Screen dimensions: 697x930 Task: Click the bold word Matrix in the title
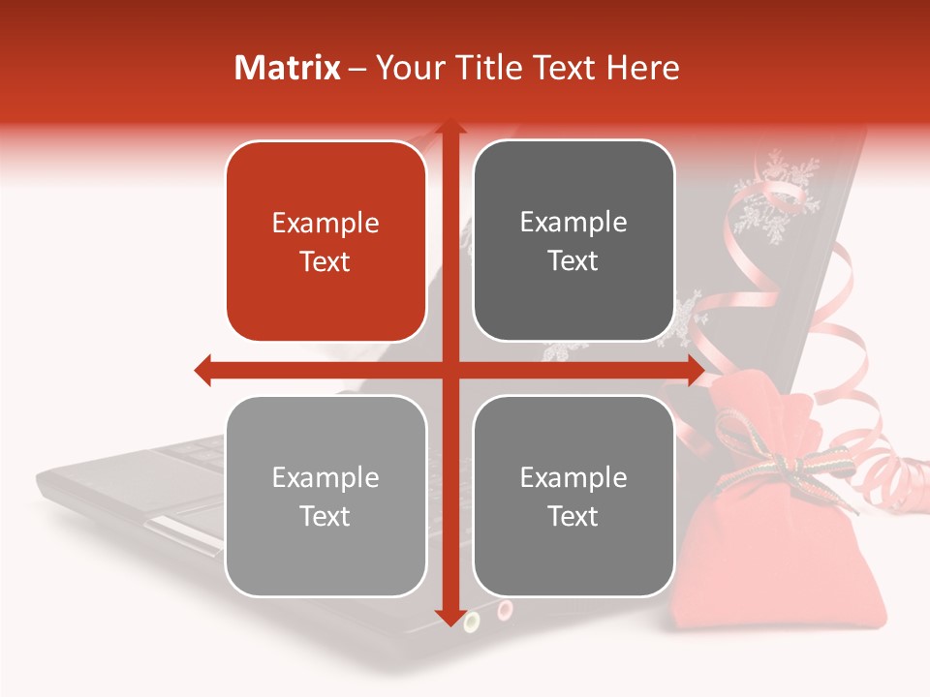(288, 68)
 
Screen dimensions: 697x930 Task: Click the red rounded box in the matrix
(325, 241)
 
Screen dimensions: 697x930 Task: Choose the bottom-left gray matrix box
(325, 496)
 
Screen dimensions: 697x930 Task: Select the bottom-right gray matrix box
(573, 496)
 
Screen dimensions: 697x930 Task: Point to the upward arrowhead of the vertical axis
(449, 128)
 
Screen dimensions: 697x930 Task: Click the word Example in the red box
(325, 223)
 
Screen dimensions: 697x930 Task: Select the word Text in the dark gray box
(573, 260)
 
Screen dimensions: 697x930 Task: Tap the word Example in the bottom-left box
(325, 477)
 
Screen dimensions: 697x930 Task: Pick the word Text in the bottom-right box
(573, 516)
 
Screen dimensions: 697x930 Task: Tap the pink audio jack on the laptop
(504, 610)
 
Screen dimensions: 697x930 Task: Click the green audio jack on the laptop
(472, 621)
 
